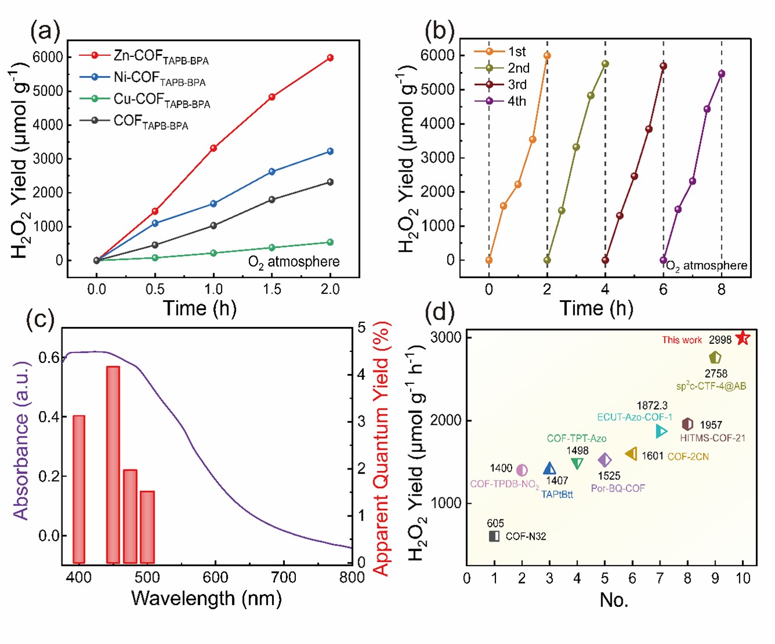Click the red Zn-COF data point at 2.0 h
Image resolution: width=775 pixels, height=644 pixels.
tap(330, 58)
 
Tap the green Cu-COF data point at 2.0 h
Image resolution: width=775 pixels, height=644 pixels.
tap(330, 242)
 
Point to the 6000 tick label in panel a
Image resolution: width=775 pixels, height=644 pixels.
tap(48, 57)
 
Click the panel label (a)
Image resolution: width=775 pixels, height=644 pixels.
tap(45, 31)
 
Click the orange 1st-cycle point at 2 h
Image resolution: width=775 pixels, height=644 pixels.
tap(547, 56)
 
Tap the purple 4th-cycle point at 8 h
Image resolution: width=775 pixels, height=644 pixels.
tap(722, 74)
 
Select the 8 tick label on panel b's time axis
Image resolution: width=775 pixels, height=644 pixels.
tap(722, 290)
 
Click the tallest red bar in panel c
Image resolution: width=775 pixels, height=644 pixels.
tap(113, 464)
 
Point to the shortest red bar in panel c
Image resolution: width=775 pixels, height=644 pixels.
tap(147, 526)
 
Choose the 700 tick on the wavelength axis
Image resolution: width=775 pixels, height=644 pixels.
tap(284, 578)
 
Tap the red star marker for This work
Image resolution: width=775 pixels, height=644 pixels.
tap(742, 338)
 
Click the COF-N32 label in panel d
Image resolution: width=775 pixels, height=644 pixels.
tap(526, 536)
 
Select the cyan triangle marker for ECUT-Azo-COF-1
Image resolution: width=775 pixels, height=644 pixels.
tap(661, 431)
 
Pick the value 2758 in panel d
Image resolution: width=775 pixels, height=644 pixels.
tap(716, 373)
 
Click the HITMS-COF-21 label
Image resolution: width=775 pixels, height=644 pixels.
tap(712, 438)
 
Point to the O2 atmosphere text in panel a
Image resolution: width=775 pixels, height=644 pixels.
tap(294, 262)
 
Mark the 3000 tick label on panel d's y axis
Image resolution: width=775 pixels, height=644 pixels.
tap(446, 337)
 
